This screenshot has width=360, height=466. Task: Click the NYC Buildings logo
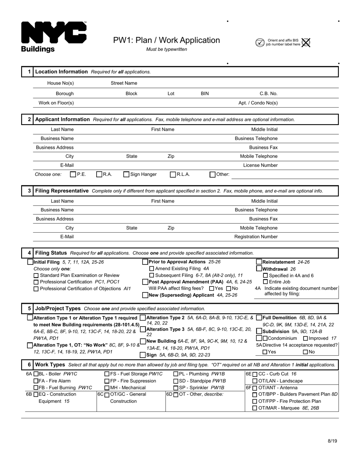(x=53, y=37)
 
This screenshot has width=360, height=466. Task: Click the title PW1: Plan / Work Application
(x=166, y=40)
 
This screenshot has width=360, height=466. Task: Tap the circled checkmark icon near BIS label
(x=260, y=42)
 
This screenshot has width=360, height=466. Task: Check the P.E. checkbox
(x=73, y=175)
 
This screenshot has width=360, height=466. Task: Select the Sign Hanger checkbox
(x=127, y=175)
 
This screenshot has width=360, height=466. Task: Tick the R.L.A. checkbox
(x=173, y=175)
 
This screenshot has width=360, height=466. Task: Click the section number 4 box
(x=29, y=253)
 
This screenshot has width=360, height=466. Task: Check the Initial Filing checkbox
(x=30, y=262)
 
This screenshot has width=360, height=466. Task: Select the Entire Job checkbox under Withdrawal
(x=265, y=281)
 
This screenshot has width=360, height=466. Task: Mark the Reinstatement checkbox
(x=259, y=262)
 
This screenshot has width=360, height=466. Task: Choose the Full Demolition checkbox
(x=259, y=317)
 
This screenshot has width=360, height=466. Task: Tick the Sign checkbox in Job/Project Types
(x=143, y=355)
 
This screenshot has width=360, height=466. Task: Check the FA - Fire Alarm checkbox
(x=36, y=381)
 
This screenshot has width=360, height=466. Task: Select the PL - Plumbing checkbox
(x=176, y=374)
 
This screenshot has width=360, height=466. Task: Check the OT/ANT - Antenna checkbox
(x=255, y=388)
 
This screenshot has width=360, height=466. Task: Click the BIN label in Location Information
(x=205, y=94)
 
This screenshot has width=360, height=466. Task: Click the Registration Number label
(x=256, y=237)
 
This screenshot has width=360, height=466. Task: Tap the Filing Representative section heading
(x=62, y=191)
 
